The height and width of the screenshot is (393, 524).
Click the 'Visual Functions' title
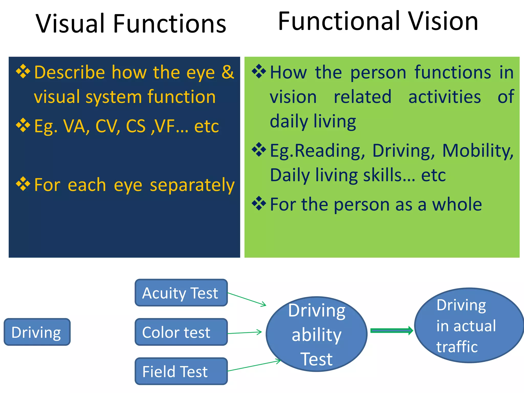pos(131,24)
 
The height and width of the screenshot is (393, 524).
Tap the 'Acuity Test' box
pos(181,293)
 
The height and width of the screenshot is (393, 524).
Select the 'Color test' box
pos(181,332)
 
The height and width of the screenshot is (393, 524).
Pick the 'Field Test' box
pos(181,371)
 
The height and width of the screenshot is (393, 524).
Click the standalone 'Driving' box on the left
pos(37,332)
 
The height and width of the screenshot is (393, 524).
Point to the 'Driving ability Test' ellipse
pos(316,334)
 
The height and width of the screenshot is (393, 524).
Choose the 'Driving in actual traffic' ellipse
pos(469,325)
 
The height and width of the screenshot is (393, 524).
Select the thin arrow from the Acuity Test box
pos(247,299)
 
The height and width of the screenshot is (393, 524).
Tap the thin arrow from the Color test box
pos(244,333)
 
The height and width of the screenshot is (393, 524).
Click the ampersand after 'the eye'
pos(227,72)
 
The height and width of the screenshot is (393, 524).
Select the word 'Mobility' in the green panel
pos(477,151)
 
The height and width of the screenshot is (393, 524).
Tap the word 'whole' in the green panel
pos(457,205)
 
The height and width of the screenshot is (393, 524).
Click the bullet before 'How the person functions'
pos(259,71)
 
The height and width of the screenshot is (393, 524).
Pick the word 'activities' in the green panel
pos(444,97)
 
